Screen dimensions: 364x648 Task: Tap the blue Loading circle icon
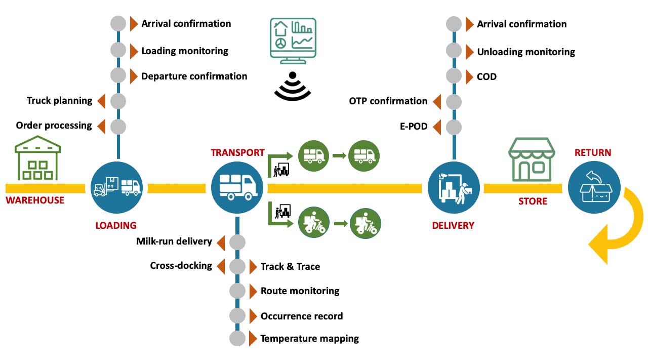click(117, 188)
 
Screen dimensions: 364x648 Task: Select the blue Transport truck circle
click(237, 188)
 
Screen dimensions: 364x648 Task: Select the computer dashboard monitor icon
click(293, 41)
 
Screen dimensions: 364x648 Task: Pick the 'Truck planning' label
click(59, 101)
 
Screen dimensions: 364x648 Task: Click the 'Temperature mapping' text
click(309, 339)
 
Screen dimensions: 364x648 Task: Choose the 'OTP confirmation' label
click(388, 101)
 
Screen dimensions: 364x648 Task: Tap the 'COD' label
click(487, 77)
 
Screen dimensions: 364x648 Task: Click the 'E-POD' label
click(413, 127)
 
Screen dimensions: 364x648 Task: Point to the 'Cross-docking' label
click(181, 266)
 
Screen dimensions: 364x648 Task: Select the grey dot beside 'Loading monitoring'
click(118, 50)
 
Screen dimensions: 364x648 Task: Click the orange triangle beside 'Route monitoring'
click(253, 291)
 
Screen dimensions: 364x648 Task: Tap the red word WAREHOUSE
click(35, 200)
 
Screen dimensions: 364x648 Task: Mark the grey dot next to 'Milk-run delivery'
click(237, 242)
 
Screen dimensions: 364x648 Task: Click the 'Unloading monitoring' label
click(525, 52)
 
